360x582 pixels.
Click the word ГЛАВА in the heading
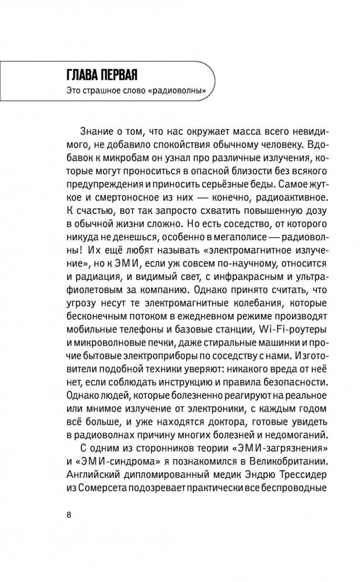[x=87, y=75]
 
